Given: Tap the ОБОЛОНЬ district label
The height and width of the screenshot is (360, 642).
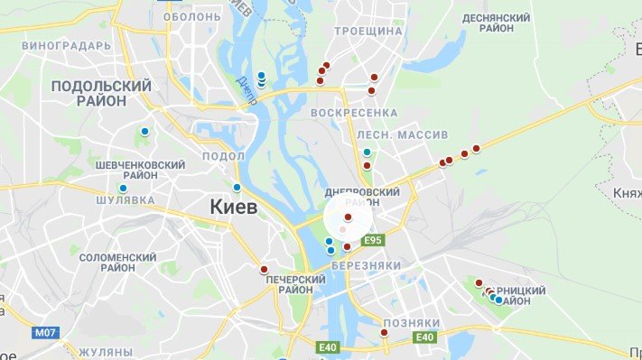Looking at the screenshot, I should (x=191, y=16).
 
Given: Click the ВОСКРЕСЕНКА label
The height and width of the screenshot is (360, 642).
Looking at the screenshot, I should (x=354, y=112).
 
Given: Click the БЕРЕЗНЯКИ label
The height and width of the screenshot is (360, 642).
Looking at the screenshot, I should (x=366, y=265).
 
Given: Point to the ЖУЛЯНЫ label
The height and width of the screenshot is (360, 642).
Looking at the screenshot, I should (x=106, y=351).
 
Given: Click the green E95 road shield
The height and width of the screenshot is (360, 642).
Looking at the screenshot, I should (x=374, y=241).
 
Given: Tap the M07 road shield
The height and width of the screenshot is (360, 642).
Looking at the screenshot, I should (x=45, y=333).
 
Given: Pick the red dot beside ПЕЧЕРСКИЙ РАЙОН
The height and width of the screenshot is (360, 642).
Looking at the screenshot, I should (x=264, y=269).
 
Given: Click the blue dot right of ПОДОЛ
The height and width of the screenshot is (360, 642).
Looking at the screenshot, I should (x=237, y=188).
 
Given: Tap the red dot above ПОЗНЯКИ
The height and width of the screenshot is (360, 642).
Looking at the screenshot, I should (x=384, y=333).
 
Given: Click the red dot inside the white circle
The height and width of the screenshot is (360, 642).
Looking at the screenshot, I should (x=348, y=217).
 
